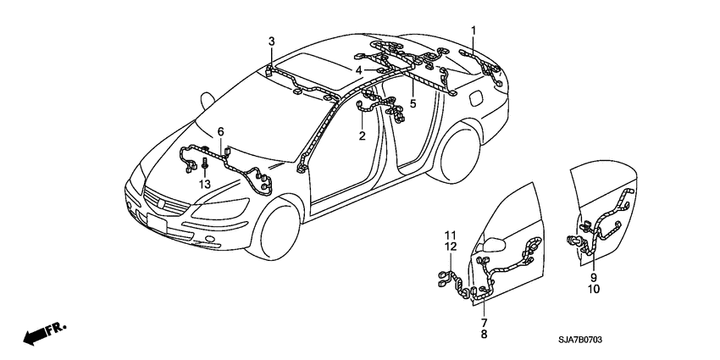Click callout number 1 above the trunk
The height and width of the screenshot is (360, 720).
474,31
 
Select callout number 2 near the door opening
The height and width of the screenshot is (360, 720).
362,136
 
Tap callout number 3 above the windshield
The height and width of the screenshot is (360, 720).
272,42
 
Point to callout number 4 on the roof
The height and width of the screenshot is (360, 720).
359,70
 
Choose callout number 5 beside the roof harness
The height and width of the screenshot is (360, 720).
413,103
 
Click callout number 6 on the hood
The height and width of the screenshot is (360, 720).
220,131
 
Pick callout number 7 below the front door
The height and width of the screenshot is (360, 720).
484,323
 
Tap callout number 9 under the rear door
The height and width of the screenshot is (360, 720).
593,277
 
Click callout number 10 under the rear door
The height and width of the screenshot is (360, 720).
593,289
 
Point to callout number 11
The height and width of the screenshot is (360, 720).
451,235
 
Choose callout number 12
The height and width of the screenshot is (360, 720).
451,246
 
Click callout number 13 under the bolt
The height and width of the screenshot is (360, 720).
203,185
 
